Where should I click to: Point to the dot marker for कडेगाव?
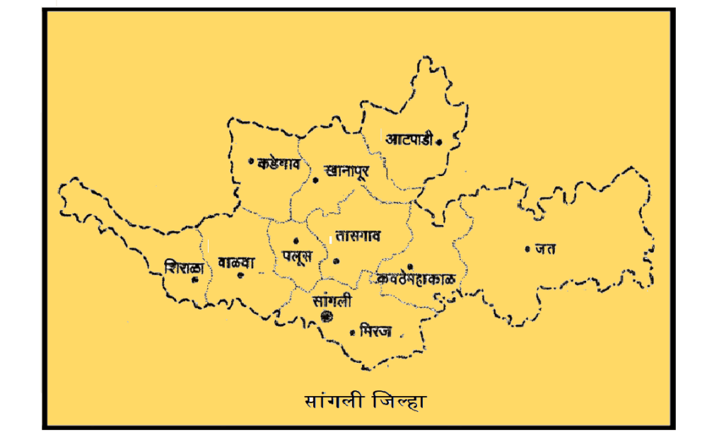point(251,161)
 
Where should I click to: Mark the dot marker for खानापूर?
point(315,180)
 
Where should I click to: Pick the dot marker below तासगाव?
point(337,260)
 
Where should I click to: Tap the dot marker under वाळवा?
point(241,274)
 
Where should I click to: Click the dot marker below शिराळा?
point(194,279)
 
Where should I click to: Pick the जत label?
point(547,248)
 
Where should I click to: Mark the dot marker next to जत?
point(527,248)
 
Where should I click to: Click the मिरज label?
point(376,330)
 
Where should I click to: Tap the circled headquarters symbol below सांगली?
point(326,316)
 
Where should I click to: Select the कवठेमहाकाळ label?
point(419,279)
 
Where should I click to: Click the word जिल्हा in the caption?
point(398,401)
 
